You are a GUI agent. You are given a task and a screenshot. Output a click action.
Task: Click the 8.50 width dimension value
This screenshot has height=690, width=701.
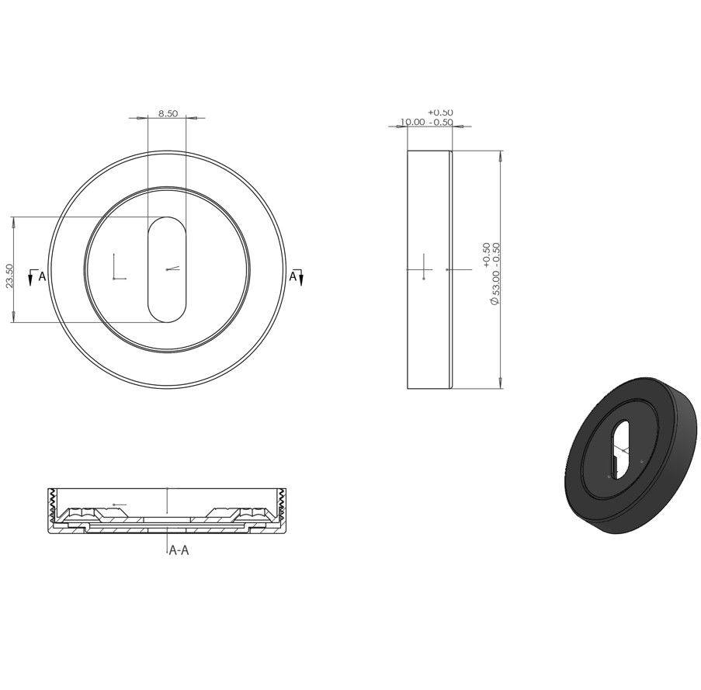coord(168,113)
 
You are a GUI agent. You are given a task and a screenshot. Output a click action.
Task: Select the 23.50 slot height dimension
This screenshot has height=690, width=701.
coord(10,276)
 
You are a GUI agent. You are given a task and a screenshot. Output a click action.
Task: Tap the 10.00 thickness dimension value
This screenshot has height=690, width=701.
coord(412,122)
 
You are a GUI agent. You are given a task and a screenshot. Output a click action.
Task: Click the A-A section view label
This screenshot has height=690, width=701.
coord(179,550)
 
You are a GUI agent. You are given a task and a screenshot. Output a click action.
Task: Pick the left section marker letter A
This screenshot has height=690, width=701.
coord(42,276)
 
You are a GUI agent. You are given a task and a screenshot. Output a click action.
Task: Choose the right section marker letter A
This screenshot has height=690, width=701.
coord(293,276)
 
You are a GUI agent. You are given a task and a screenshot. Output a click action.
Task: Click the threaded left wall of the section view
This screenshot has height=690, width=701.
coord(52,506)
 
